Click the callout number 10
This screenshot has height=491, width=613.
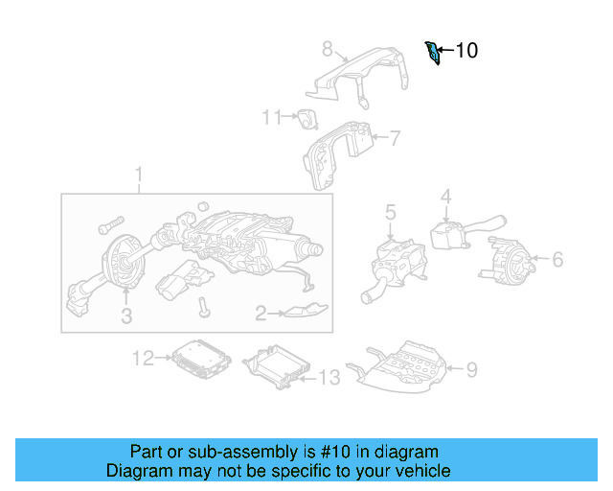click(465, 51)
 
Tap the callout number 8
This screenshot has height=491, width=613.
click(327, 49)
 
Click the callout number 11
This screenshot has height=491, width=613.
click(272, 117)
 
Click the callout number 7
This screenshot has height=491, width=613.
click(395, 137)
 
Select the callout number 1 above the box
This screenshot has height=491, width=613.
click(138, 175)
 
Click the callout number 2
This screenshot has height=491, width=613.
click(260, 312)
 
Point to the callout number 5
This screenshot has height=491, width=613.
click(391, 211)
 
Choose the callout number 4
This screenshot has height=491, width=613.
click(445, 197)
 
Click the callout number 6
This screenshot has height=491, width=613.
click(557, 259)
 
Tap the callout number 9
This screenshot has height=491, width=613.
click(470, 368)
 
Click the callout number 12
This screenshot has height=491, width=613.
click(143, 358)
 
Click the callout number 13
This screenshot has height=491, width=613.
click(328, 379)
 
